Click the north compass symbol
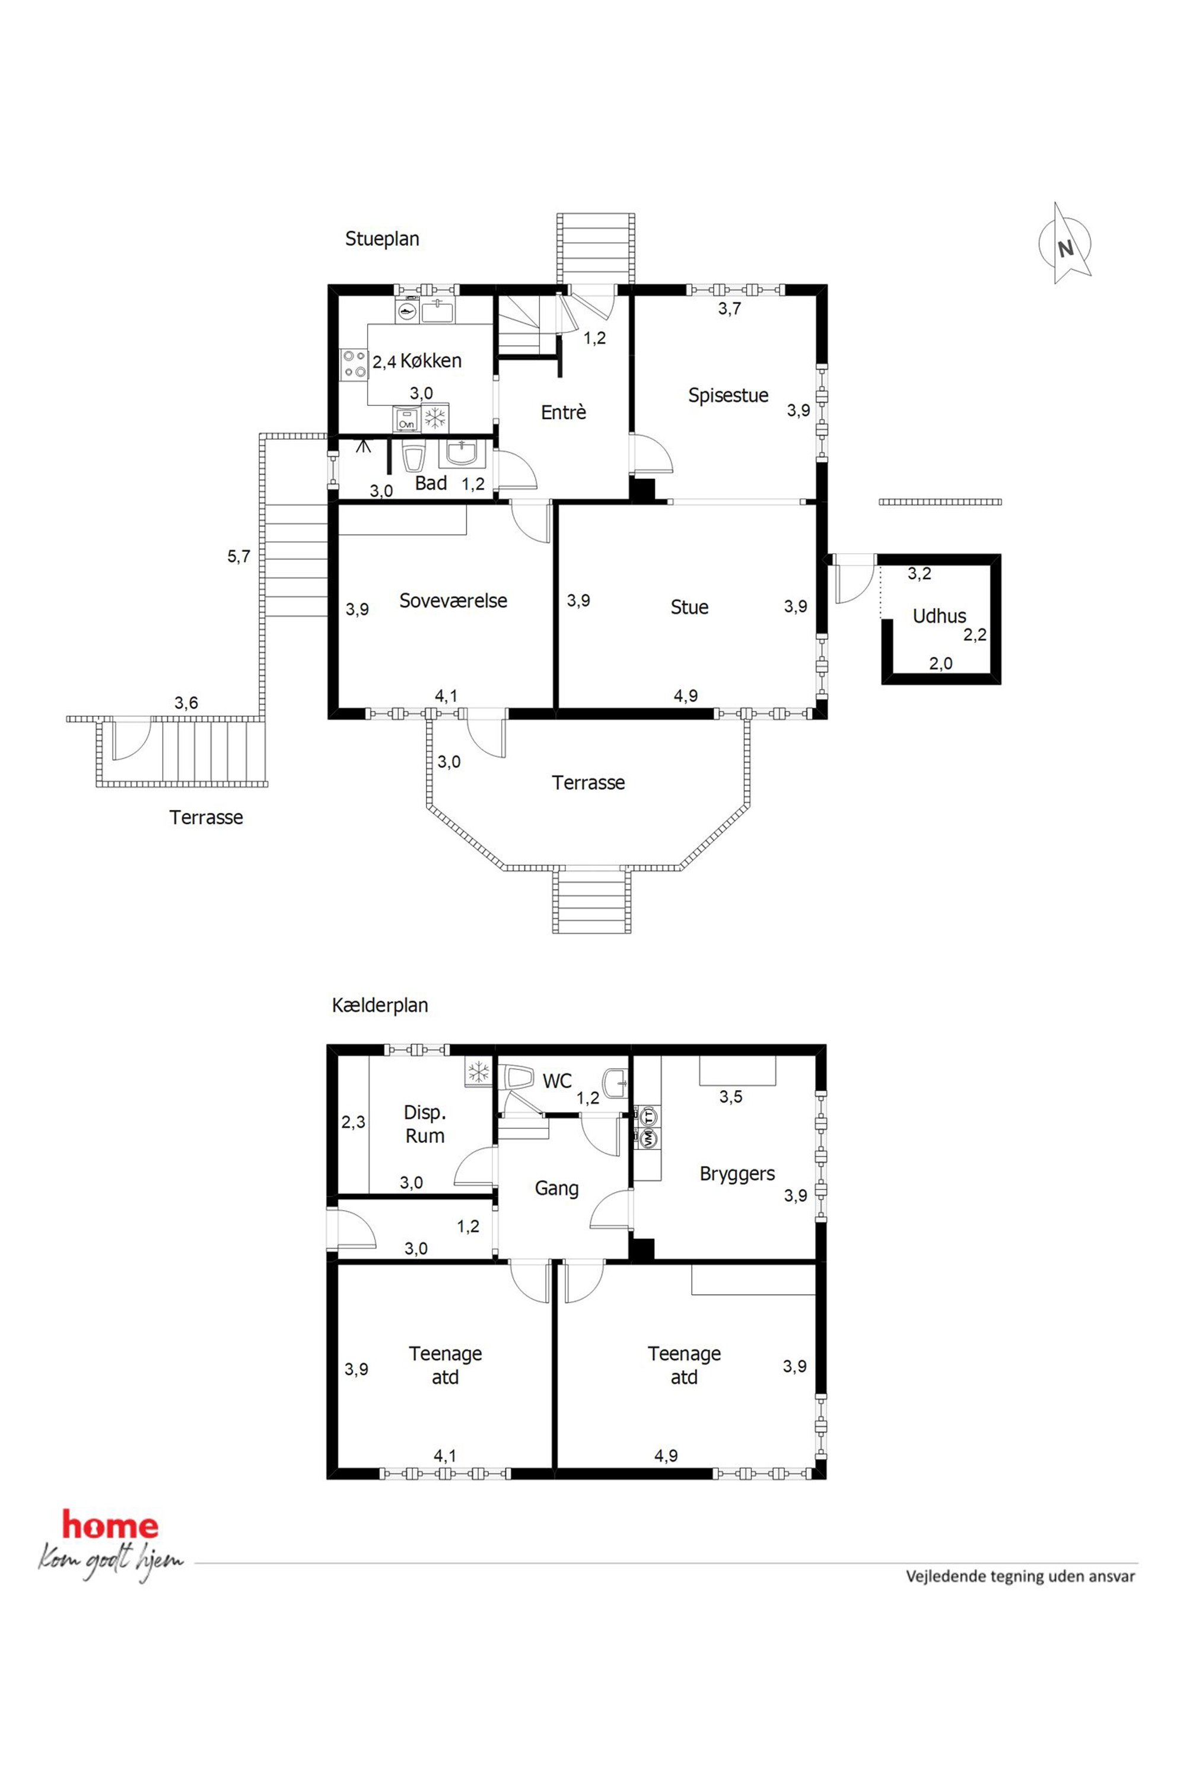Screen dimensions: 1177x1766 (1065, 243)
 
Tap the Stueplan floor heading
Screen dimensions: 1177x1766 (382, 239)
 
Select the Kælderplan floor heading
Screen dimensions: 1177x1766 (380, 1005)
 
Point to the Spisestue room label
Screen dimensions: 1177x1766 (728, 395)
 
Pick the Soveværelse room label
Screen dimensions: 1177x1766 (453, 601)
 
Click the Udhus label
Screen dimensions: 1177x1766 (939, 616)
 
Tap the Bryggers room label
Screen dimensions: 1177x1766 (737, 1174)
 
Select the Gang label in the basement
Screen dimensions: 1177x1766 (556, 1189)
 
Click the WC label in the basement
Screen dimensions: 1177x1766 (557, 1081)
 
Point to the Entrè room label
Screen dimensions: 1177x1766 (563, 412)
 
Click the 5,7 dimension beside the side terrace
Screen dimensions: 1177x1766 (238, 557)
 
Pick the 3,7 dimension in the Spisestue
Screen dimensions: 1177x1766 (730, 308)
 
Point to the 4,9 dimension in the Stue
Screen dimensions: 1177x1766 (685, 695)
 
